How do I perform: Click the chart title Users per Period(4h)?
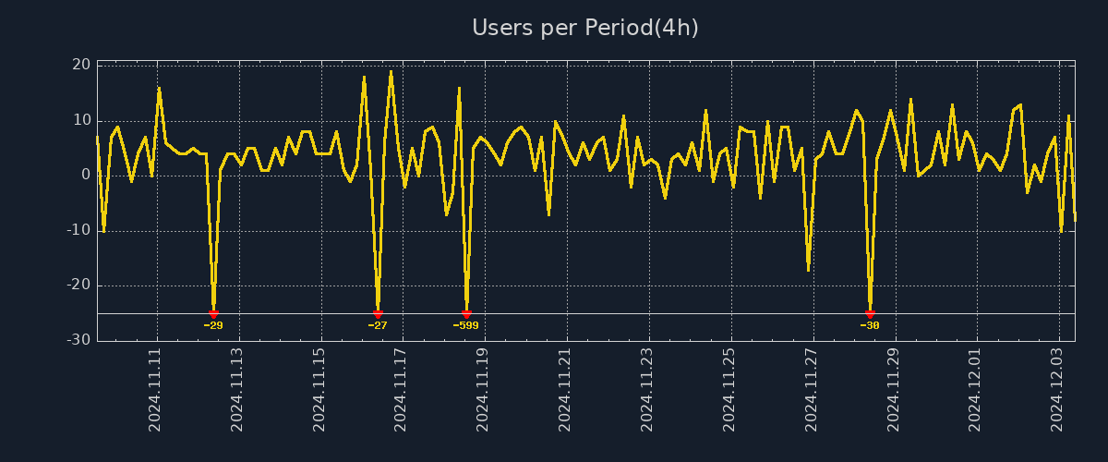(x=585, y=28)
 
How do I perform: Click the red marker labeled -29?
(x=213, y=314)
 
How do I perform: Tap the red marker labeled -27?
(x=378, y=314)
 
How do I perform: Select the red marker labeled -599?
(x=466, y=314)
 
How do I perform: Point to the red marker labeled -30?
(x=870, y=314)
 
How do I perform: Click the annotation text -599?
(x=466, y=325)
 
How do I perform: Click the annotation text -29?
(x=213, y=325)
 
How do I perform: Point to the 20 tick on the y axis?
(x=81, y=65)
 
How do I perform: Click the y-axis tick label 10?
(x=81, y=120)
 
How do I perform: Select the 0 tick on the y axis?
(x=86, y=175)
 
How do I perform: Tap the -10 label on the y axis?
(x=78, y=230)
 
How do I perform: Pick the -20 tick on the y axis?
(x=78, y=285)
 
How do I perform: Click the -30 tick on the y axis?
(x=78, y=340)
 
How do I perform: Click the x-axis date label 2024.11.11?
(x=155, y=390)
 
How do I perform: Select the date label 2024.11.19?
(x=483, y=390)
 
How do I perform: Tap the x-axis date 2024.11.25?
(x=729, y=390)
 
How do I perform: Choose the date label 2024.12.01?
(x=975, y=390)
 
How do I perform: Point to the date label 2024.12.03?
(x=1057, y=390)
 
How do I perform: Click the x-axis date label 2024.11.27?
(x=811, y=390)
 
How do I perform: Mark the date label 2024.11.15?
(x=319, y=390)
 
